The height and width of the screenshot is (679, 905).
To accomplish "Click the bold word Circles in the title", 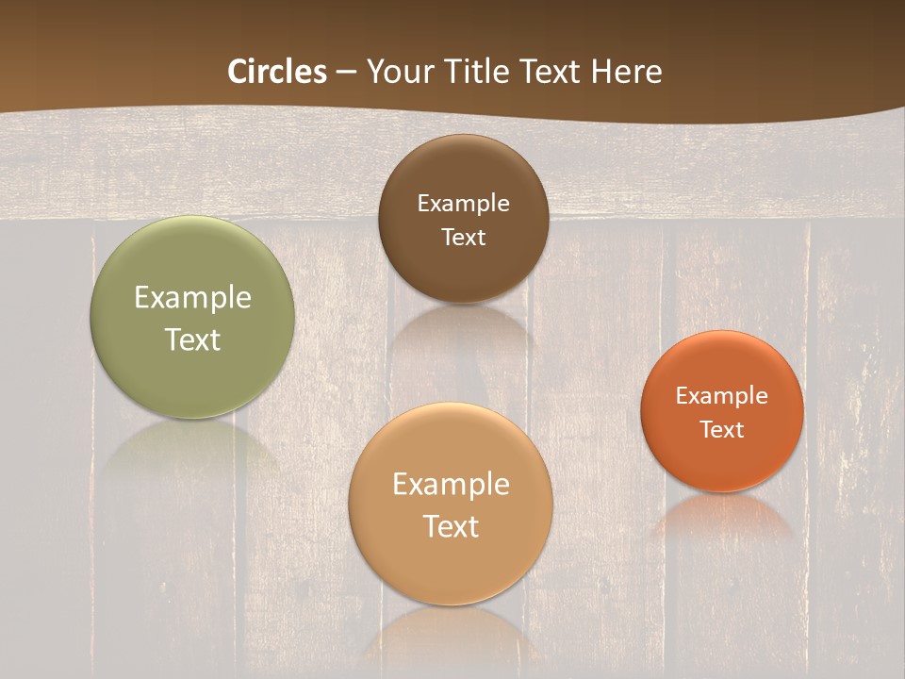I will click(277, 72).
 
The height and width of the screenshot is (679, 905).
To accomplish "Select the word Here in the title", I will click(627, 72).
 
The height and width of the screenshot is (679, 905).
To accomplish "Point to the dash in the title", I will click(346, 73).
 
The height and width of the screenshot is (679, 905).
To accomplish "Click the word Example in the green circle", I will click(192, 298).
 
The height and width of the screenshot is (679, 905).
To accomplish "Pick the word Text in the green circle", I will click(192, 339).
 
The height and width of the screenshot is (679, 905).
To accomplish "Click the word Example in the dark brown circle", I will click(463, 203).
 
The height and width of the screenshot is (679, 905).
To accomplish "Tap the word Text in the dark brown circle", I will click(463, 237).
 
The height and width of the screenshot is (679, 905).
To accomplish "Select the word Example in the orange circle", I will click(722, 395).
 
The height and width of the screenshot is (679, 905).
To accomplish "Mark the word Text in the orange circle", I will click(722, 429).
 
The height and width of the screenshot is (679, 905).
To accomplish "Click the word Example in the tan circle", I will click(451, 485).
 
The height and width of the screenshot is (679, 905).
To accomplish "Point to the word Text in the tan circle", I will click(451, 526).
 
